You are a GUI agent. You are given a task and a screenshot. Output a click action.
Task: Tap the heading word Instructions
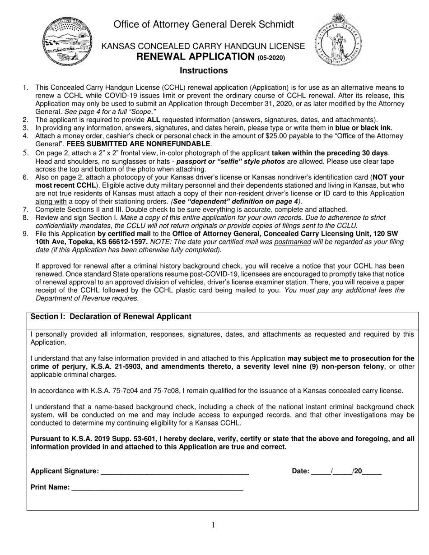click(x=204, y=70)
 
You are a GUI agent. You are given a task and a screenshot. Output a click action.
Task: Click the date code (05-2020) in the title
click(x=271, y=57)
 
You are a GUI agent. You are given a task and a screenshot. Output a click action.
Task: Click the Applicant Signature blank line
click(x=174, y=472)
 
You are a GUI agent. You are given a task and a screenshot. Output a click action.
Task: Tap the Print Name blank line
click(x=157, y=488)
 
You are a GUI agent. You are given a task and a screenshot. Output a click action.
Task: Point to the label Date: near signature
click(x=300, y=471)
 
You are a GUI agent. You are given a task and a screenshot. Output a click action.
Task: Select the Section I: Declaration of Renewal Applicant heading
click(x=111, y=317)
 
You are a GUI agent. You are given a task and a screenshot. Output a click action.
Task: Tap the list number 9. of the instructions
click(x=26, y=234)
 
